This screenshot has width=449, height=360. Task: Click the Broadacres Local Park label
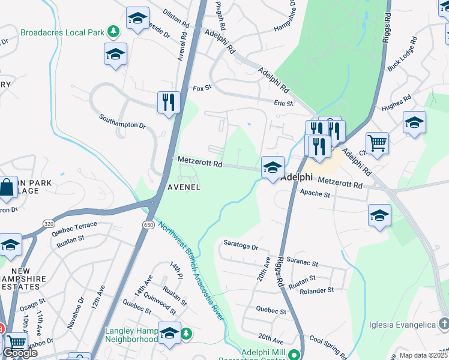62,31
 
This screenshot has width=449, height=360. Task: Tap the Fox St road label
202,88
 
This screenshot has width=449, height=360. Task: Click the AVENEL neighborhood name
183,187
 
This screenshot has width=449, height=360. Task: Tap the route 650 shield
148,224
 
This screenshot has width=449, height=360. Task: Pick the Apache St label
315,194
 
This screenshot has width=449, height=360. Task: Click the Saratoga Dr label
240,247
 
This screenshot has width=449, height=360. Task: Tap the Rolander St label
317,290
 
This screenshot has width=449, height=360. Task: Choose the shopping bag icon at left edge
7,187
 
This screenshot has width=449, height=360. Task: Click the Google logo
20,352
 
